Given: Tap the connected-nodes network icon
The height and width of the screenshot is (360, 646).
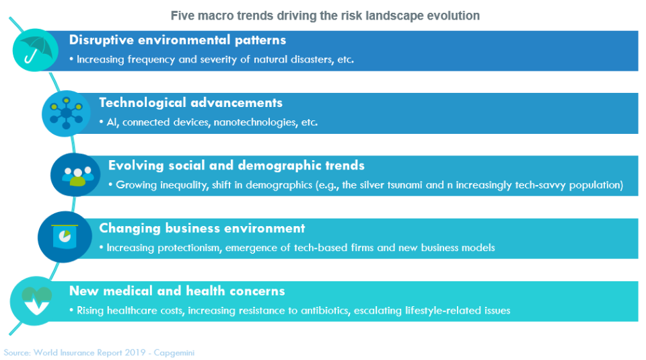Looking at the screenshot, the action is pos(66,113).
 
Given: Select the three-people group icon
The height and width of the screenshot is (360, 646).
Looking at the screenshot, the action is pos(77,176).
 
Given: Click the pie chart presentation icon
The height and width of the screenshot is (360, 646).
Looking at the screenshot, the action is pos(65,236).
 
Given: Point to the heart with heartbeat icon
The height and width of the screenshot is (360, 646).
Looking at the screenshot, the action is pos(36,301).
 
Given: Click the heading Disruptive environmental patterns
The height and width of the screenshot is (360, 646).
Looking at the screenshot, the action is pos(178,40).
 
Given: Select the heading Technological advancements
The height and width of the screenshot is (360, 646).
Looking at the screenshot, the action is pos(190,102).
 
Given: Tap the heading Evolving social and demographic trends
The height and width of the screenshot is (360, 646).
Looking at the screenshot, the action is pos(236,166).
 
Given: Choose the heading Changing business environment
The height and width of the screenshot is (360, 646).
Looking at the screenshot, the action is pos(202,228).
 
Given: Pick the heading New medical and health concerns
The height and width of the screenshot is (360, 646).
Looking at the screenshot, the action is pos(177,291).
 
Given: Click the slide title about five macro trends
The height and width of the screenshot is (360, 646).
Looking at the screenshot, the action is pos(325,15).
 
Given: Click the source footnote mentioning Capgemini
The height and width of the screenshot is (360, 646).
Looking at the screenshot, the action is pos(99,353).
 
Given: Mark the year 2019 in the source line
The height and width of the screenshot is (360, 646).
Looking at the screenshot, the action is pos(135,353).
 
